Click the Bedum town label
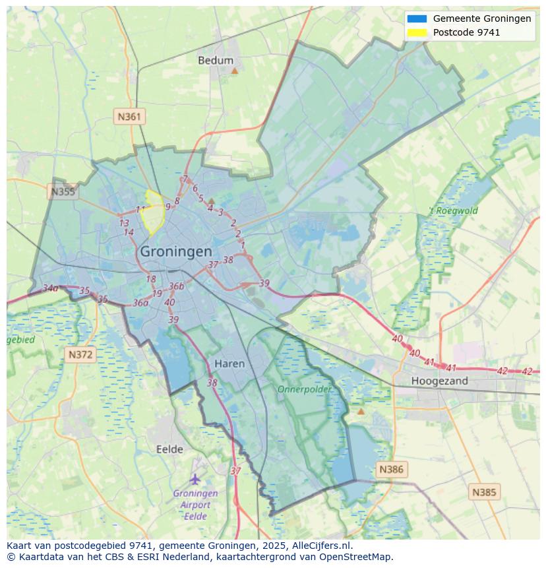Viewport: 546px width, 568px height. point(216,61)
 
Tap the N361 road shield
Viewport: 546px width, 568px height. point(129,117)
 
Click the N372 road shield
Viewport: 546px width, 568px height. point(81,355)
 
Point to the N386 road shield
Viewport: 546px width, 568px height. point(390,470)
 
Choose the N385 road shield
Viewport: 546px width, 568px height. point(485,491)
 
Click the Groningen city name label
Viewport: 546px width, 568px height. point(176,251)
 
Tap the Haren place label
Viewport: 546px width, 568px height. point(229,363)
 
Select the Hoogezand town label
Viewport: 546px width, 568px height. point(439,381)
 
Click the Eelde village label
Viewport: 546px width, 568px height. point(169,449)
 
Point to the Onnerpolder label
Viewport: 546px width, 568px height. point(304,389)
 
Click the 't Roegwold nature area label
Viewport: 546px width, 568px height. point(454,211)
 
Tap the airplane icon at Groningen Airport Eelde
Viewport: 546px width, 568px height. point(195,478)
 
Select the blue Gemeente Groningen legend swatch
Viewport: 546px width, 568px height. point(417,18)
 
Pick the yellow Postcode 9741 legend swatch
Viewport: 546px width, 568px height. point(417,32)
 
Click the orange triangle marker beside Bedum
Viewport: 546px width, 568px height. point(234,69)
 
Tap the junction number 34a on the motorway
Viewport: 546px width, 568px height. point(50,288)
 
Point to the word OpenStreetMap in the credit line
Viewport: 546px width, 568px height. point(358,557)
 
